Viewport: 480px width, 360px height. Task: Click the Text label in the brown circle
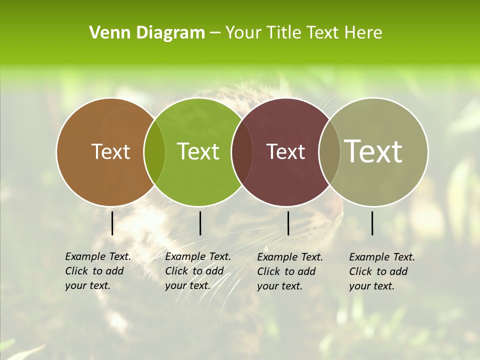point(110,151)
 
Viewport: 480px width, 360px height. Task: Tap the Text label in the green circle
point(198,151)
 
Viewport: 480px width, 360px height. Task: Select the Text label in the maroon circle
point(285,151)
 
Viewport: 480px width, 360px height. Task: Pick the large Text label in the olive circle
point(373,151)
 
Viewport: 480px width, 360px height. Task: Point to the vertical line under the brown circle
point(112,223)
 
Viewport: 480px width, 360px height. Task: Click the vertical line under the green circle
point(200,223)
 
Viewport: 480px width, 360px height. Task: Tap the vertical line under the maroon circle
point(288,223)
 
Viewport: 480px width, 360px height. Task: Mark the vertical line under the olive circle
point(372,223)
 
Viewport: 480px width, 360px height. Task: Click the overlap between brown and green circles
point(154,151)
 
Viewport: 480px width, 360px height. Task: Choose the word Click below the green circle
point(176,271)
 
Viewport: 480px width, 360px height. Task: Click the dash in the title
point(215,33)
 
